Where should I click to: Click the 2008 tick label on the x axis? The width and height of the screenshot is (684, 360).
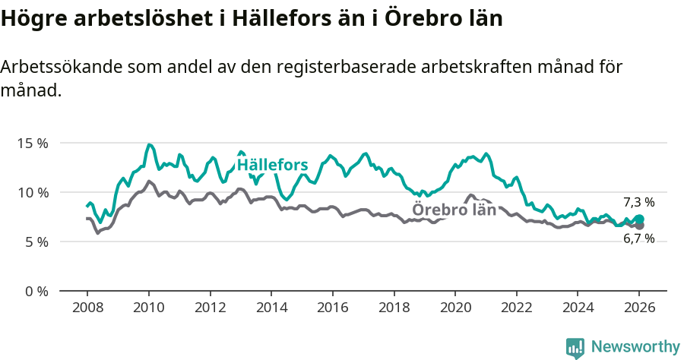(87, 308)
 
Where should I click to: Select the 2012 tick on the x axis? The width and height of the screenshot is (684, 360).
(210, 308)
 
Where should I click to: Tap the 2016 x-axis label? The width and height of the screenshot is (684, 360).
(332, 308)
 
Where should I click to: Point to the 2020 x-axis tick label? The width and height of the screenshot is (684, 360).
(455, 308)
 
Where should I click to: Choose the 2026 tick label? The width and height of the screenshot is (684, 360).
(639, 308)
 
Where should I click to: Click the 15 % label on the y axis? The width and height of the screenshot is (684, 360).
(33, 143)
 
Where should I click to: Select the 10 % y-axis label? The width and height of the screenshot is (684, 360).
(33, 192)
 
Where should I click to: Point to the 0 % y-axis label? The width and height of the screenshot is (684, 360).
(36, 291)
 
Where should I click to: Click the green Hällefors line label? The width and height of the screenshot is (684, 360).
(272, 165)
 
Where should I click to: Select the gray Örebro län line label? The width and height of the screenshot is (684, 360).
(454, 210)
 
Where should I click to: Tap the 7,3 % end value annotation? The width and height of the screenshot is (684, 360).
(638, 202)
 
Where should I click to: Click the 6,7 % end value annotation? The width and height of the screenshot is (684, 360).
(638, 238)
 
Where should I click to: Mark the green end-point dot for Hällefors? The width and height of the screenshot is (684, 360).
(640, 219)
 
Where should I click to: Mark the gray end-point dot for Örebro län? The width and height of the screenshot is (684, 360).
(640, 226)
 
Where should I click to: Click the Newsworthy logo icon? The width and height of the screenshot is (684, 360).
(575, 347)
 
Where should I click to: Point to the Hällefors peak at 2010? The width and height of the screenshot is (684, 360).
(149, 144)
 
